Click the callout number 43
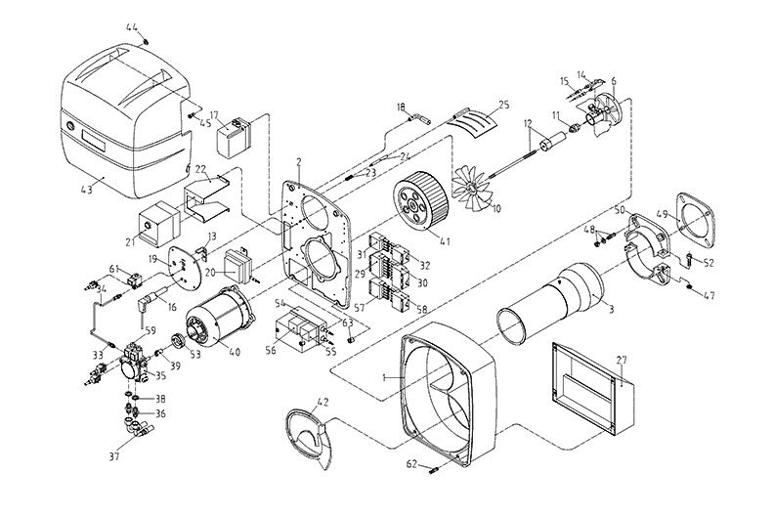pyautogui.click(x=88, y=190)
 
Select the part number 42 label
pyautogui.click(x=322, y=402)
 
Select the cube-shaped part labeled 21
pyautogui.click(x=157, y=224)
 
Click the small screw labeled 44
pyautogui.click(x=145, y=41)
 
